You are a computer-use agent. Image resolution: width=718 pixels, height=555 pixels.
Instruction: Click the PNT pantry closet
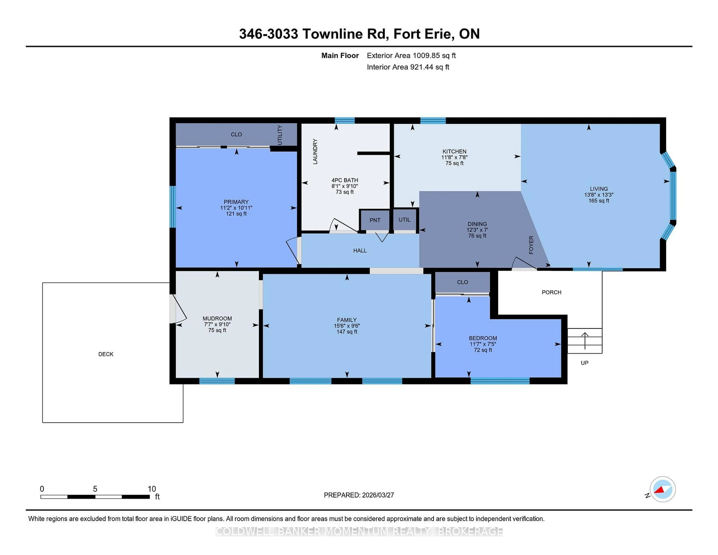375,220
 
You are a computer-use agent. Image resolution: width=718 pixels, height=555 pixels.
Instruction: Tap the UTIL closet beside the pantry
404,220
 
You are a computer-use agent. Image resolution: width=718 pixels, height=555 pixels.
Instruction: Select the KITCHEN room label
454,151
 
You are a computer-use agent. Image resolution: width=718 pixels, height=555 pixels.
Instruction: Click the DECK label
106,354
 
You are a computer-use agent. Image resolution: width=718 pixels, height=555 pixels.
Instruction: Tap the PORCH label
551,292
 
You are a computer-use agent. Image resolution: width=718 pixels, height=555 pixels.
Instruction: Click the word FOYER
531,245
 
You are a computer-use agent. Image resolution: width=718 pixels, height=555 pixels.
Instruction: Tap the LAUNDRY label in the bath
315,152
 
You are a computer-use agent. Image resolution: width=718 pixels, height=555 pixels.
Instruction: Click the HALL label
360,251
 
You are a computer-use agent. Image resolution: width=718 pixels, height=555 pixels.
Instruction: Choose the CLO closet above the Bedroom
462,282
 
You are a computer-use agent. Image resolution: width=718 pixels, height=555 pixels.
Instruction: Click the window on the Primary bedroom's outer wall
173,206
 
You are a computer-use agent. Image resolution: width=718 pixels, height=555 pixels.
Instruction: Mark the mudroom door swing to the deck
179,309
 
